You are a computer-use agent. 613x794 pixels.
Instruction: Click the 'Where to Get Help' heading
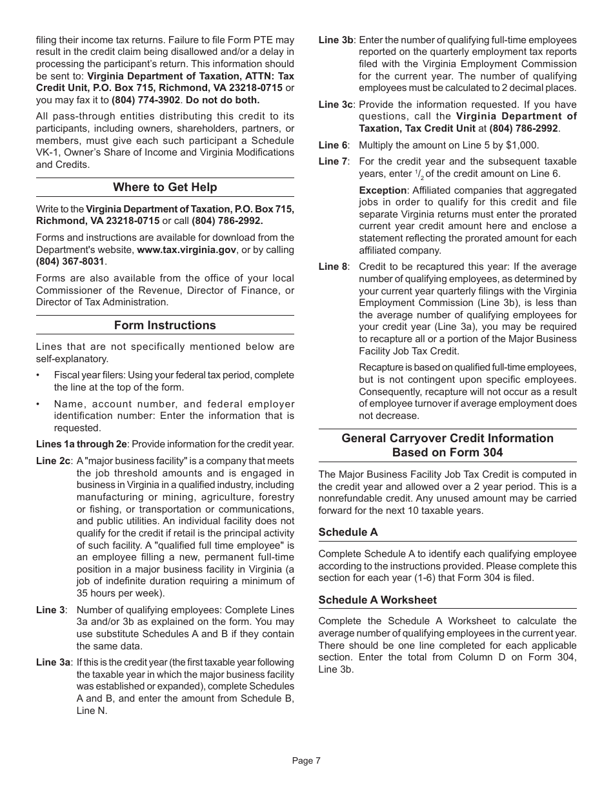coord(165,187)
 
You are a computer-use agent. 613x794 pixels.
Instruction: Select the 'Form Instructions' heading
coord(165,325)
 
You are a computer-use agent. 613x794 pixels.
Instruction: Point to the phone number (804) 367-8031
coord(70,261)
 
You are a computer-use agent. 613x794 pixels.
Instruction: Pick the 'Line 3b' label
coord(336,40)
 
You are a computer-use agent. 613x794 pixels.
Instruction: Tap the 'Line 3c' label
coord(336,105)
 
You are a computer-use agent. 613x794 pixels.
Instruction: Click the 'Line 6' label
coord(333,145)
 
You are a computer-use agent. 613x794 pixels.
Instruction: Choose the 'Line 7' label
coord(333,161)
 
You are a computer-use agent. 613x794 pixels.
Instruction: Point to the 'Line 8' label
coord(333,267)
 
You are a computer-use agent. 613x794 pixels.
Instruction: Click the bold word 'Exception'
coord(383,190)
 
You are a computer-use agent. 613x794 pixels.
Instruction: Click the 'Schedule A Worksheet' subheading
coord(377,600)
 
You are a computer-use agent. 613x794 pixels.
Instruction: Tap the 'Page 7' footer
coord(306,760)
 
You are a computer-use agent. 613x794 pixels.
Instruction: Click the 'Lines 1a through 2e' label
coord(81,444)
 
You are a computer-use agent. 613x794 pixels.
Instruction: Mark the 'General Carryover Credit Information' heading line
coord(447,438)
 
